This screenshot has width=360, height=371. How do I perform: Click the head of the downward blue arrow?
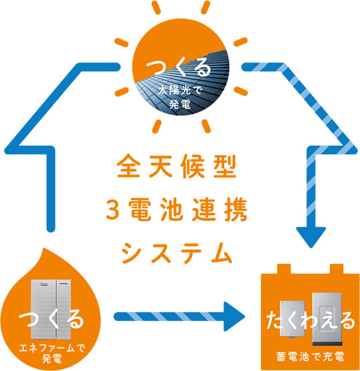coord(315,236)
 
